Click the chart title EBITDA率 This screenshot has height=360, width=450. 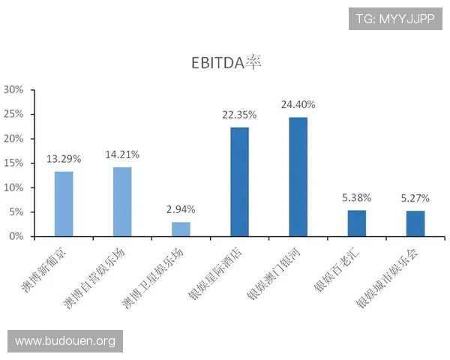pyautogui.click(x=226, y=62)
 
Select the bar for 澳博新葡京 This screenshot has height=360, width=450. pyautogui.click(x=64, y=204)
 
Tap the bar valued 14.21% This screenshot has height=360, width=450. pyautogui.click(x=122, y=202)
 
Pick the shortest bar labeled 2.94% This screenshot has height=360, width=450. pyautogui.click(x=181, y=229)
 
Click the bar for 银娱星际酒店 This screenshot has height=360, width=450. pyautogui.click(x=239, y=182)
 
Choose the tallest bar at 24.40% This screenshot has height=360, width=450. pyautogui.click(x=298, y=177)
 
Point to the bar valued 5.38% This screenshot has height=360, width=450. pyautogui.click(x=356, y=223)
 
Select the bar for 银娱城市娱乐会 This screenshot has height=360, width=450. pyautogui.click(x=415, y=223)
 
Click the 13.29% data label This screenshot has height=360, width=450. pyautogui.click(x=64, y=159)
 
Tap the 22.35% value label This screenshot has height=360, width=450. pyautogui.click(x=239, y=115)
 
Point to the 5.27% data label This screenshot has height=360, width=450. pyautogui.click(x=415, y=199)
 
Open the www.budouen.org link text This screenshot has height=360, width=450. pyautogui.click(x=65, y=341)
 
